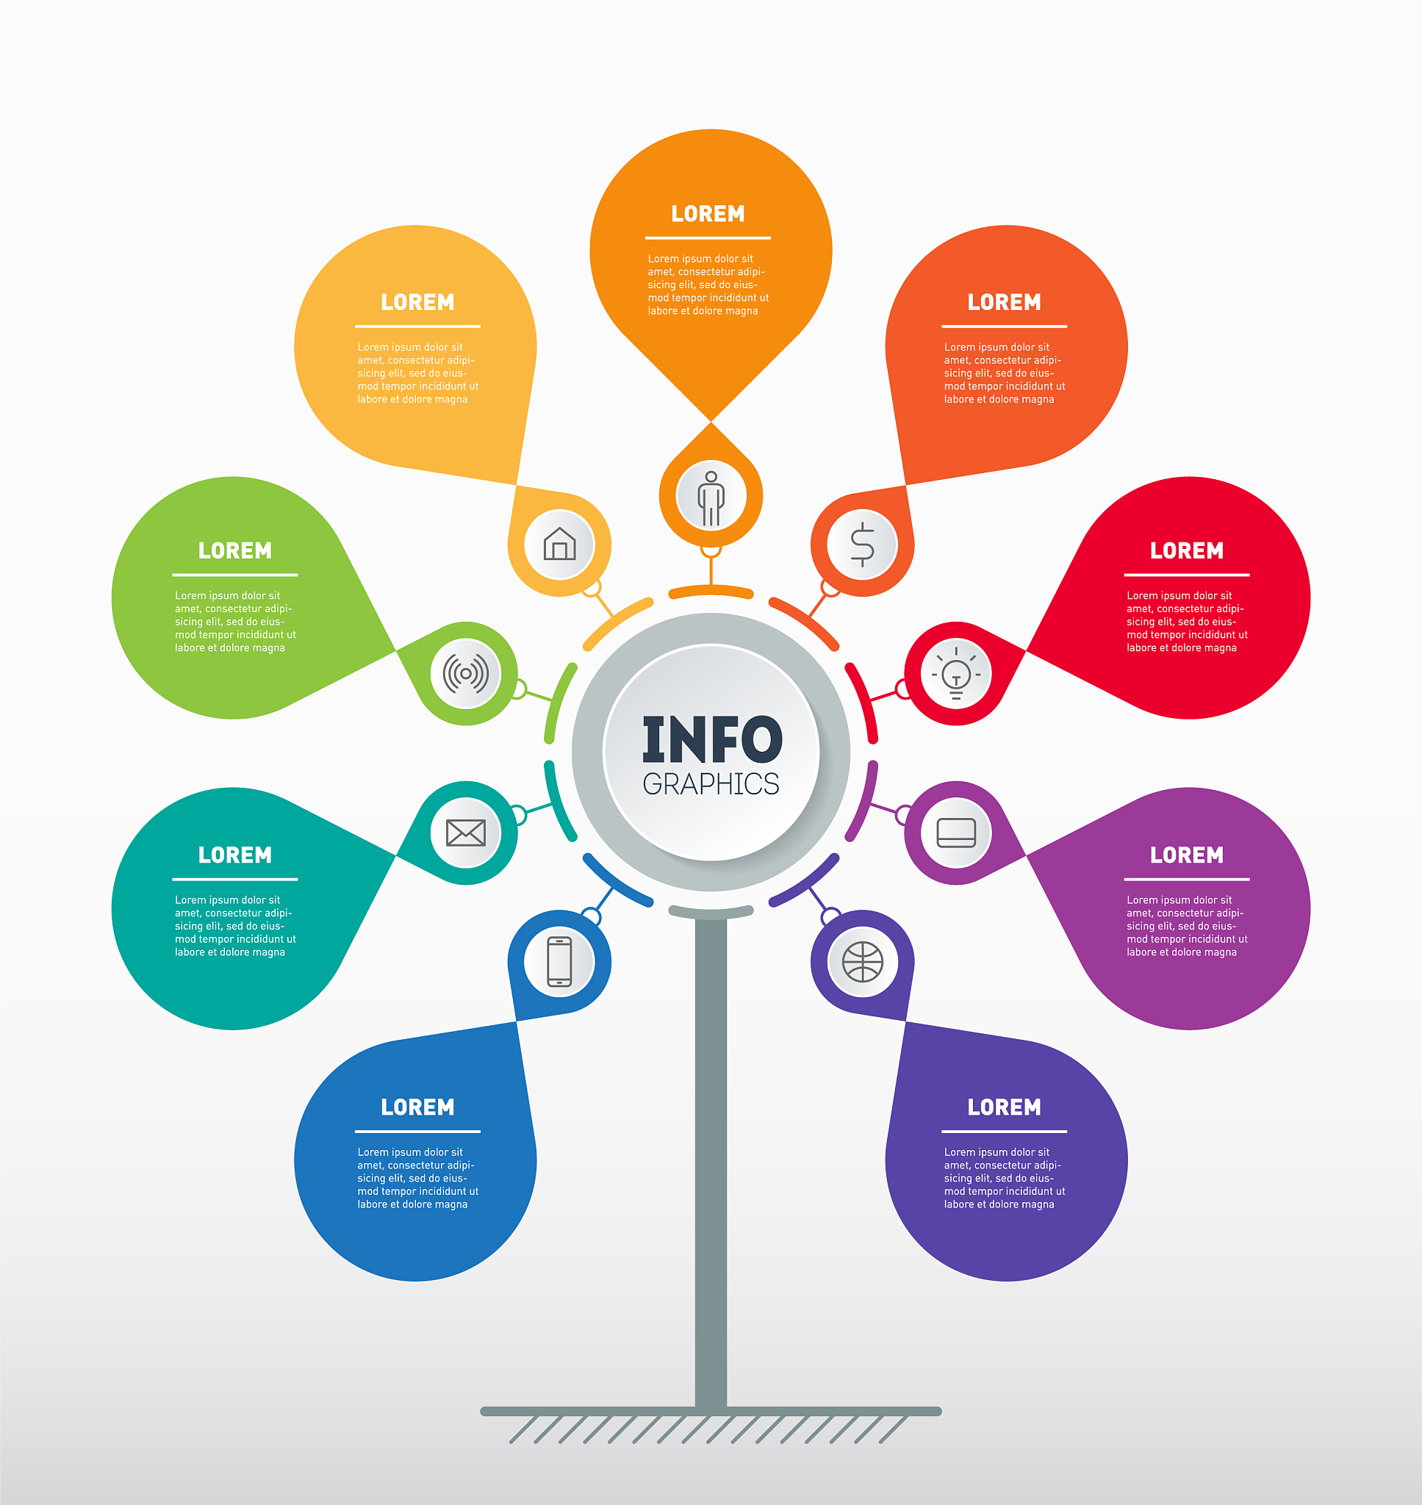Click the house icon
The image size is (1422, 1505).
(x=559, y=543)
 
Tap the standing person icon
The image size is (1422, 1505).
(x=711, y=498)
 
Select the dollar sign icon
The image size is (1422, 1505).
(x=863, y=544)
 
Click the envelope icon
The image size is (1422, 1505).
(x=465, y=833)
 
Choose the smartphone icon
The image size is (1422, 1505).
(x=559, y=962)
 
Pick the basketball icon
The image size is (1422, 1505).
(x=863, y=962)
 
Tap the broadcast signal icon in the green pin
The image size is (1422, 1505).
(x=465, y=673)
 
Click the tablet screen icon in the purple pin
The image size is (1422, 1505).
(x=956, y=832)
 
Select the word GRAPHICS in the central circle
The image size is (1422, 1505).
(x=711, y=783)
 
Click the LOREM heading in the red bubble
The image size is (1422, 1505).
(x=1186, y=550)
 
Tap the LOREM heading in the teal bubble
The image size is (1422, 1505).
(x=235, y=855)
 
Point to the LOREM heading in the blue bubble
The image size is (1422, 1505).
(x=417, y=1107)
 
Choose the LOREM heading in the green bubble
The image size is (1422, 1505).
(x=235, y=550)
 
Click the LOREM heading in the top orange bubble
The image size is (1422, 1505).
(x=708, y=214)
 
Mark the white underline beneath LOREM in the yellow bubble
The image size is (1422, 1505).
(x=417, y=326)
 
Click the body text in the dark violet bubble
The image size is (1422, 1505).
(x=1005, y=1178)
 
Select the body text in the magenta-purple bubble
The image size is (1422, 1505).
(x=1186, y=926)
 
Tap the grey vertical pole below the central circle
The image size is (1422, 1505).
(x=711, y=1163)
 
